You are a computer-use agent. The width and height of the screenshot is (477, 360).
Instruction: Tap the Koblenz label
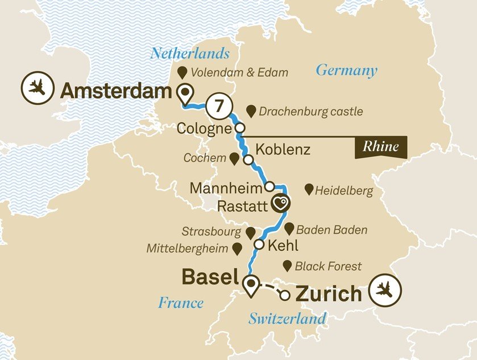pos(283,150)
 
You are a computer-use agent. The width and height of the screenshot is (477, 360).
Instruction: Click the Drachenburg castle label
pos(310,111)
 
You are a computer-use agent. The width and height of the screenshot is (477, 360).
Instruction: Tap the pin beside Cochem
pos(233,159)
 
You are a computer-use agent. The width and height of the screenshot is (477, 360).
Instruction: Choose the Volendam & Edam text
pos(239,72)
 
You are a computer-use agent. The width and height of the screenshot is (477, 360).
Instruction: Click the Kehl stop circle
pos(259,245)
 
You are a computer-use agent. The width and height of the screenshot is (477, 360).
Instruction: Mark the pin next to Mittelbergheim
pos(236,249)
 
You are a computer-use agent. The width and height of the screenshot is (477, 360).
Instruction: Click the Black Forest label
pos(328,266)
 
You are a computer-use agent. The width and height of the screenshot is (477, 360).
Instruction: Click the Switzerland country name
pos(287,318)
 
